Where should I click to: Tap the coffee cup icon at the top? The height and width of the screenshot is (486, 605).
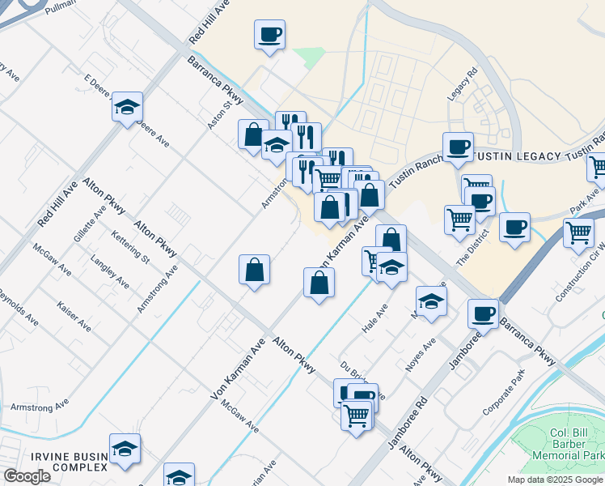270,35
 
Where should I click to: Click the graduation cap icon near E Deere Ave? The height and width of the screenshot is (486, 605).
127,106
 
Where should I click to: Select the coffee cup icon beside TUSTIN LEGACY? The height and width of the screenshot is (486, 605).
458,147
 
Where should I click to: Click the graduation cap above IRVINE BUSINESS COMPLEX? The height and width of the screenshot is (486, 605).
125,449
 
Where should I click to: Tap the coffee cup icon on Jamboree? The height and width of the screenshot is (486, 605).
484,313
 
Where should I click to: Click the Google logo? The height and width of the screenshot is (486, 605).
27,476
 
